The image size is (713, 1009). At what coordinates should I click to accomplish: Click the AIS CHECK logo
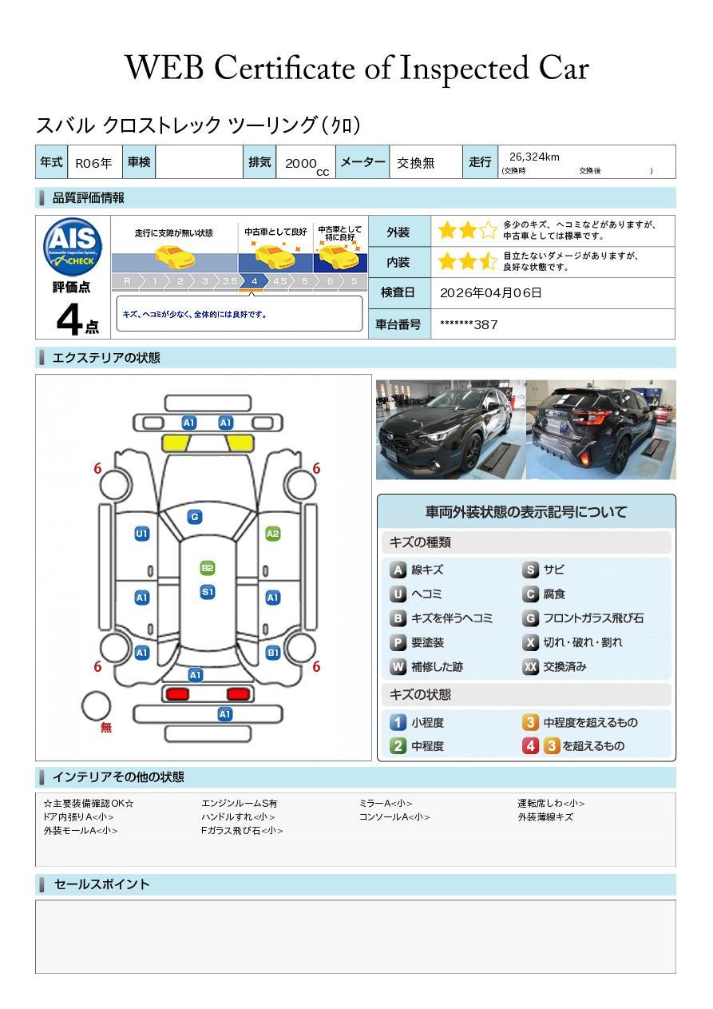pos(73,247)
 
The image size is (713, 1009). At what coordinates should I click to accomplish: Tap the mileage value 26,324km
pos(534,157)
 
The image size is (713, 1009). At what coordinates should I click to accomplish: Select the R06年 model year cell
pos(93,163)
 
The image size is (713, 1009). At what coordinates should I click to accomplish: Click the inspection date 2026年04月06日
pos(491,292)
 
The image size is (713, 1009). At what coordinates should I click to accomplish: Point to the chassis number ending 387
pos(469,325)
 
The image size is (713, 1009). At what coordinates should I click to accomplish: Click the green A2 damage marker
pos(273,534)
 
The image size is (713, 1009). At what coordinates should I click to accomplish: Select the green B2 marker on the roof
pos(207,568)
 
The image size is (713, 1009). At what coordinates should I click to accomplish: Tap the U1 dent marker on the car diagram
pos(142,534)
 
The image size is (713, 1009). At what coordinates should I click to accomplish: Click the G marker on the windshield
pos(195,517)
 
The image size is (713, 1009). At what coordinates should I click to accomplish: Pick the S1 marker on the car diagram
pos(208,592)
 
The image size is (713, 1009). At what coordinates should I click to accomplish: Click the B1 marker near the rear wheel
pos(273,653)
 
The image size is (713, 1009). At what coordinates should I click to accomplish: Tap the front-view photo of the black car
pos(450,430)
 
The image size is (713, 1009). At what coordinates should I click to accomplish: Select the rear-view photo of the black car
pos(601,430)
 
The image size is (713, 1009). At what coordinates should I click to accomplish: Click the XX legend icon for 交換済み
pos(530,666)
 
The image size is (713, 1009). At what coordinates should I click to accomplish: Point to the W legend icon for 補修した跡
pos(398,666)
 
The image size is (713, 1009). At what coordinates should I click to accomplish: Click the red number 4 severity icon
pos(530,746)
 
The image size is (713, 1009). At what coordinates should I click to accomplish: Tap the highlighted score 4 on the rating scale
pos(255,281)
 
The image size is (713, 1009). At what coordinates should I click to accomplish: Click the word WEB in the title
pos(164,68)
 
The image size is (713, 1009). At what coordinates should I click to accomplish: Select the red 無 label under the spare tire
pos(106,727)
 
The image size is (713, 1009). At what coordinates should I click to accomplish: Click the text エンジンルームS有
pos(239,803)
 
